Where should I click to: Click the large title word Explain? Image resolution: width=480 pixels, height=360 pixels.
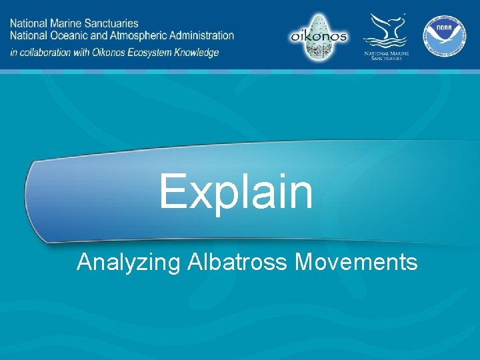(x=235, y=191)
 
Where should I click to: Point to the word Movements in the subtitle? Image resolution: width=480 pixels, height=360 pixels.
(x=356, y=262)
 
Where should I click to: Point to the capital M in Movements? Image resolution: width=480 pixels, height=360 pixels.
(x=304, y=262)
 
